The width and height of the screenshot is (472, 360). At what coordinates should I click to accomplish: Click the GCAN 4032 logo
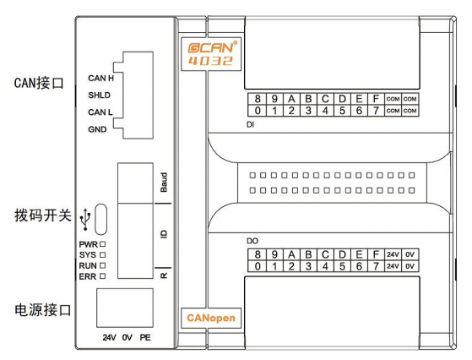click(x=211, y=54)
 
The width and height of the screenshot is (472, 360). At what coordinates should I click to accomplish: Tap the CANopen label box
click(x=211, y=318)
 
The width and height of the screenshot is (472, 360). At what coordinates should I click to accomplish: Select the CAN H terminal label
click(x=100, y=79)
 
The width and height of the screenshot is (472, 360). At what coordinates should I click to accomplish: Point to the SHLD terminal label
click(x=100, y=95)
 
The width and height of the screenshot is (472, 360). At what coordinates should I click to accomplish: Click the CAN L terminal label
click(x=100, y=112)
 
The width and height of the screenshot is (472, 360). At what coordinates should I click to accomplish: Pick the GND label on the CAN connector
click(x=97, y=129)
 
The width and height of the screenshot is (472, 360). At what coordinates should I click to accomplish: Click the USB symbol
click(x=85, y=219)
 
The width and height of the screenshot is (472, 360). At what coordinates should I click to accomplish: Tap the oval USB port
click(x=100, y=220)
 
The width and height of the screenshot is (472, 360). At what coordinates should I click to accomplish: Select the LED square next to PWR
click(x=103, y=244)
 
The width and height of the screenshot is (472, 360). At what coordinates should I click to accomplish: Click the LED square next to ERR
click(x=103, y=276)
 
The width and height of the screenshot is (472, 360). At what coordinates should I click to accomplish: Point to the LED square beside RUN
click(x=103, y=265)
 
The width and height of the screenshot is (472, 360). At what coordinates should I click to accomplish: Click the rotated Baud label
click(x=164, y=183)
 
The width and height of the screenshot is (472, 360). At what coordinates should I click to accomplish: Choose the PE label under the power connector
click(x=145, y=337)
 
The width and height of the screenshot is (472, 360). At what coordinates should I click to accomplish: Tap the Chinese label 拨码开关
click(x=43, y=215)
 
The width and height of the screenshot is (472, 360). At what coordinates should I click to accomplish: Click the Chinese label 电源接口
click(x=43, y=310)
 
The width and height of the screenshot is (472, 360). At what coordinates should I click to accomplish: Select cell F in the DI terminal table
click(x=376, y=99)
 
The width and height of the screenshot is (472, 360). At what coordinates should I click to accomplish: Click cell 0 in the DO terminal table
click(x=258, y=266)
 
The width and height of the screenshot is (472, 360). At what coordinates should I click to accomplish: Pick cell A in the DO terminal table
click(x=291, y=254)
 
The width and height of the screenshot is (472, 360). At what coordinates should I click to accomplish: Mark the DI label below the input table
click(x=250, y=124)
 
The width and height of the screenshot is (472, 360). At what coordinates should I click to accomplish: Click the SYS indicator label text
click(x=88, y=255)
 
